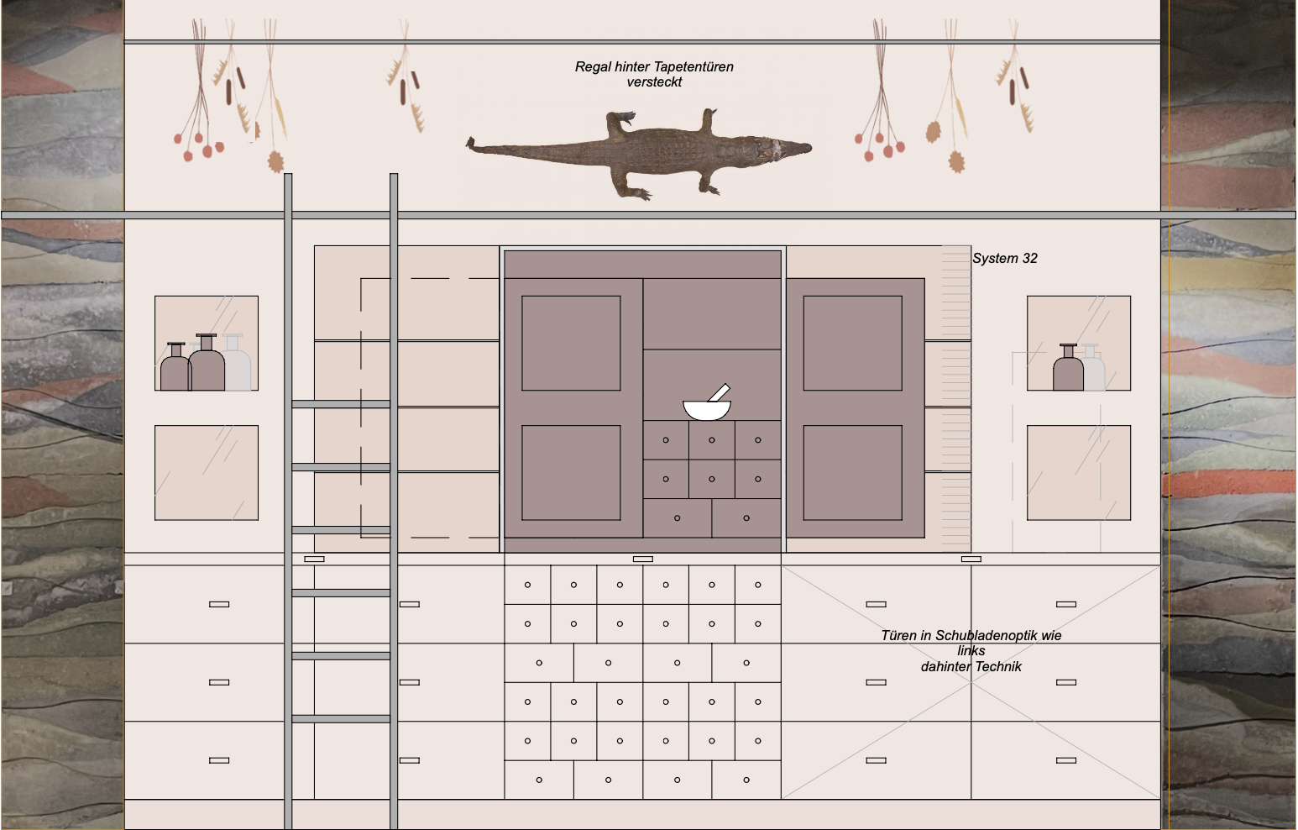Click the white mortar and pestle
[707, 407]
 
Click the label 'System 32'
[1004, 259]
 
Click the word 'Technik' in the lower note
[999, 666]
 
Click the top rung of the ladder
[341, 404]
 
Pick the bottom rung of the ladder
[341, 718]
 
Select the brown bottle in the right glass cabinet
[1068, 370]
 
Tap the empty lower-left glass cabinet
[207, 473]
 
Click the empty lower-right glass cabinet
[1079, 473]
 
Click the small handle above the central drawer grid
[643, 559]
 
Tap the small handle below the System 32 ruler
[971, 559]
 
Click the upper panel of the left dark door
[571, 343]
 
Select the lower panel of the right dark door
[852, 473]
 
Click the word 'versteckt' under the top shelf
[654, 82]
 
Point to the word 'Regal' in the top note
[593, 67]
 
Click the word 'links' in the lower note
[971, 651]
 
